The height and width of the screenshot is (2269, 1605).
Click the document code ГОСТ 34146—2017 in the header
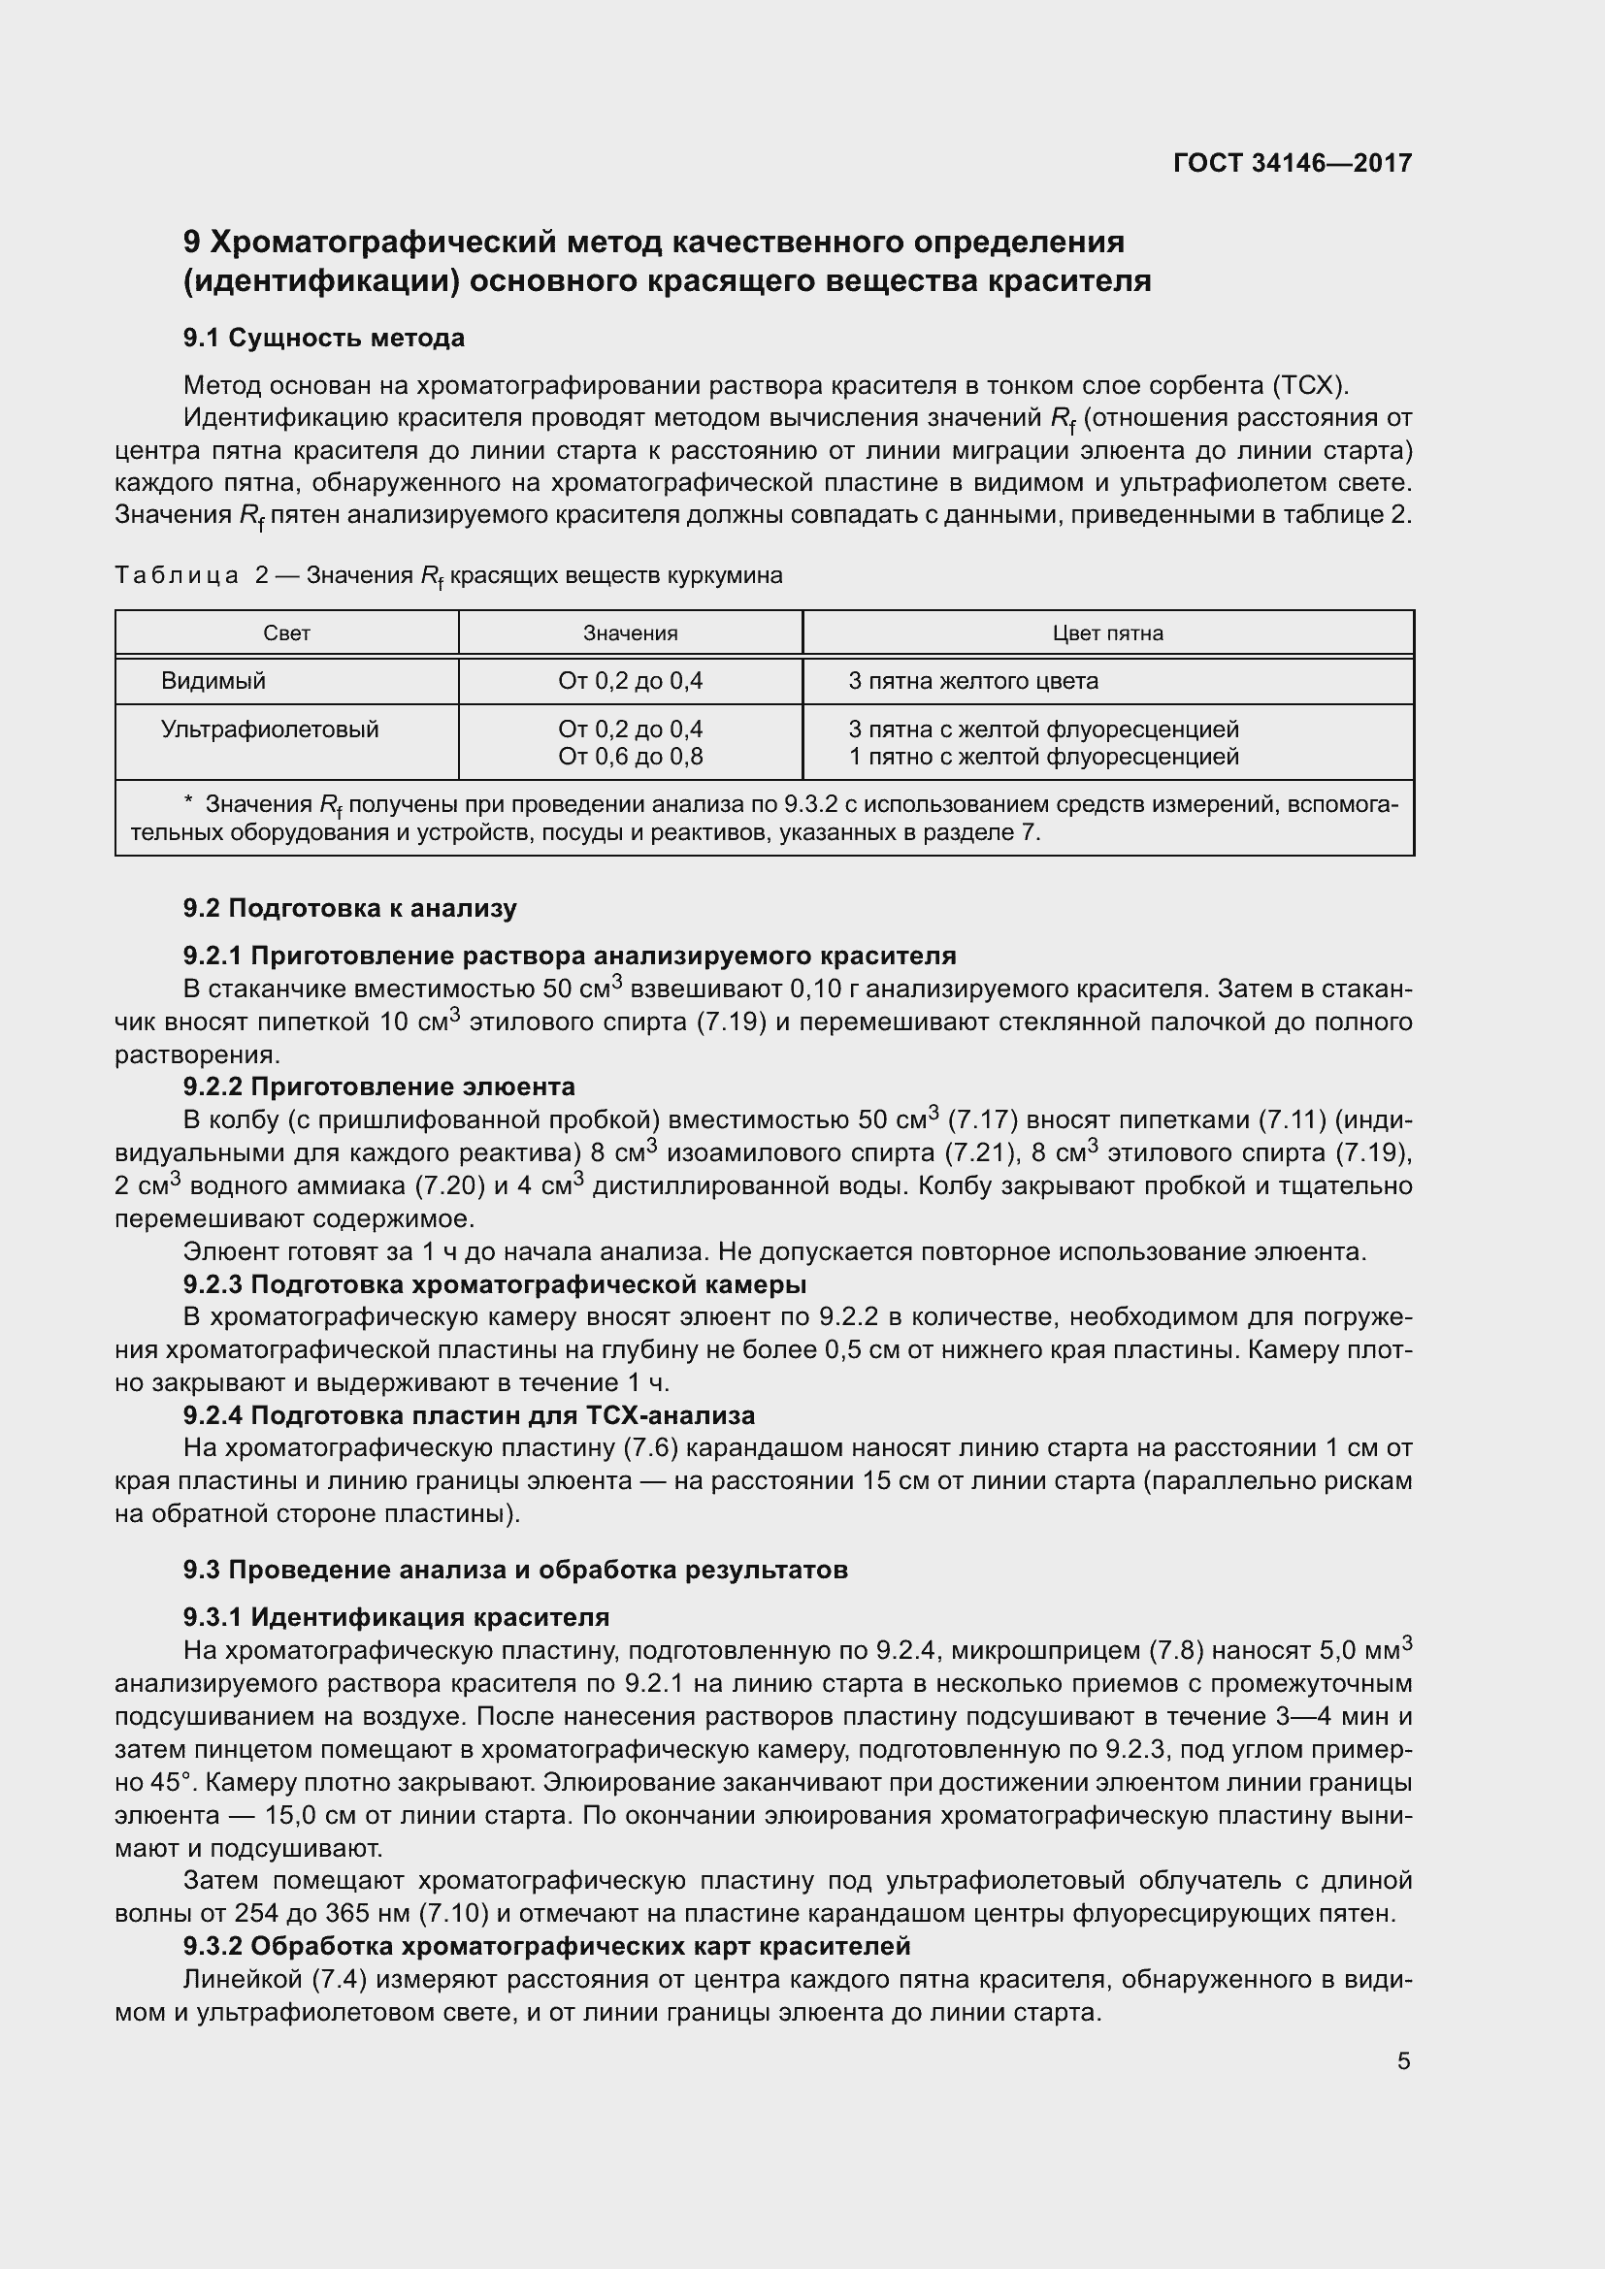[x=1292, y=163]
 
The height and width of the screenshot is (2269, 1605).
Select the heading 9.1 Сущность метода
[x=323, y=338]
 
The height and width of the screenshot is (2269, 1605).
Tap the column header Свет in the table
[x=286, y=633]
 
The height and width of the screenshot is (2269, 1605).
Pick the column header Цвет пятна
[x=1107, y=633]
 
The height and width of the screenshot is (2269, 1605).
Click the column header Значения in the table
[x=630, y=633]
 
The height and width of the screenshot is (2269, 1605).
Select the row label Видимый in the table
[x=213, y=681]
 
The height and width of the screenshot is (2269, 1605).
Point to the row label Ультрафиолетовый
[x=270, y=729]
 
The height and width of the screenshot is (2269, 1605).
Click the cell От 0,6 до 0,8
[x=630, y=757]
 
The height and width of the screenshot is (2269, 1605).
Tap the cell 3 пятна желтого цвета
[x=972, y=681]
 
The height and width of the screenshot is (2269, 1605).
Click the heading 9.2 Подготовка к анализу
[x=350, y=908]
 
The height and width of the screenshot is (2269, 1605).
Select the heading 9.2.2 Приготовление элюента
[x=378, y=1087]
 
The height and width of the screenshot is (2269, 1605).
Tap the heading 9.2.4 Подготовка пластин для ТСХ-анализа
[x=469, y=1415]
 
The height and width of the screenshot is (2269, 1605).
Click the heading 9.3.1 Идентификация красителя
[x=395, y=1617]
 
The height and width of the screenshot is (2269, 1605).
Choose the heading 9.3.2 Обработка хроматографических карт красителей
[x=545, y=1946]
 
